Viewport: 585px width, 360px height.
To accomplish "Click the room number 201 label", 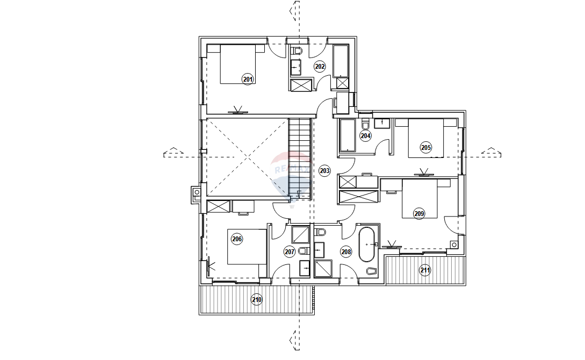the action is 248,79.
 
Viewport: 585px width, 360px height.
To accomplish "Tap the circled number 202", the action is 320,67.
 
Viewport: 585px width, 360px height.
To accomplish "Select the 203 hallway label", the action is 324,171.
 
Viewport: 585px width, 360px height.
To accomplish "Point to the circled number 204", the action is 365,136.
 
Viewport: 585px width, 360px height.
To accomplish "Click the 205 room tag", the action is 425,147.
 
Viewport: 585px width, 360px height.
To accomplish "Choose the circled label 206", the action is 237,239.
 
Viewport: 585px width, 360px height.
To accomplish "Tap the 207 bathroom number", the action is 290,252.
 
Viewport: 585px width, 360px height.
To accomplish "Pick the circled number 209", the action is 419,214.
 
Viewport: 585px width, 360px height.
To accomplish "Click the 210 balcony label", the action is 256,299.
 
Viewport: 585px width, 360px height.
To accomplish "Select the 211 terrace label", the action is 425,270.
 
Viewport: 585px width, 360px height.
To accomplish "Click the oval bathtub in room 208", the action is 367,244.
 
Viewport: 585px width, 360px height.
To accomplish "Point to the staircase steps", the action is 300,158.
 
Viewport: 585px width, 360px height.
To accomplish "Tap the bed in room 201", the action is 237,64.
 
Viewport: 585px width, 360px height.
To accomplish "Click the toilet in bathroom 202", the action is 296,51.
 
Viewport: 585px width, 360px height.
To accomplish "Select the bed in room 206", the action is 247,247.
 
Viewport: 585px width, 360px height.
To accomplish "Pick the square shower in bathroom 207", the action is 300,235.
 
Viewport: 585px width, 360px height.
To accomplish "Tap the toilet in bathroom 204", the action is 365,123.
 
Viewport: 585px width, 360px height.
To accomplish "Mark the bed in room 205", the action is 426,138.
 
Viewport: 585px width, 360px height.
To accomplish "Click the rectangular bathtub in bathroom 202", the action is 341,67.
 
